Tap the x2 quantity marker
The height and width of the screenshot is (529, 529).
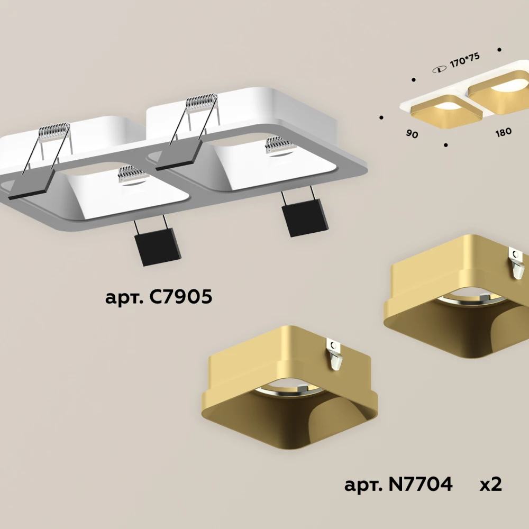click(x=491, y=485)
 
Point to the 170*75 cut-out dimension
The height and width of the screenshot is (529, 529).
click(x=464, y=60)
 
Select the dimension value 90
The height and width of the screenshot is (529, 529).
click(x=412, y=134)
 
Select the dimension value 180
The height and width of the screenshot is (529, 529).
click(x=504, y=132)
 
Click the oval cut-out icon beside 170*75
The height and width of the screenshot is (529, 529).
click(x=439, y=69)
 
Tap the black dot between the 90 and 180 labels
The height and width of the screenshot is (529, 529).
click(x=445, y=145)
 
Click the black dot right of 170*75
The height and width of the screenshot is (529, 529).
click(x=499, y=50)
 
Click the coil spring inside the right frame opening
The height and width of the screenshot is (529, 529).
click(x=280, y=145)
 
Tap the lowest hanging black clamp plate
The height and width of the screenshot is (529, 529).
click(x=157, y=246)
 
